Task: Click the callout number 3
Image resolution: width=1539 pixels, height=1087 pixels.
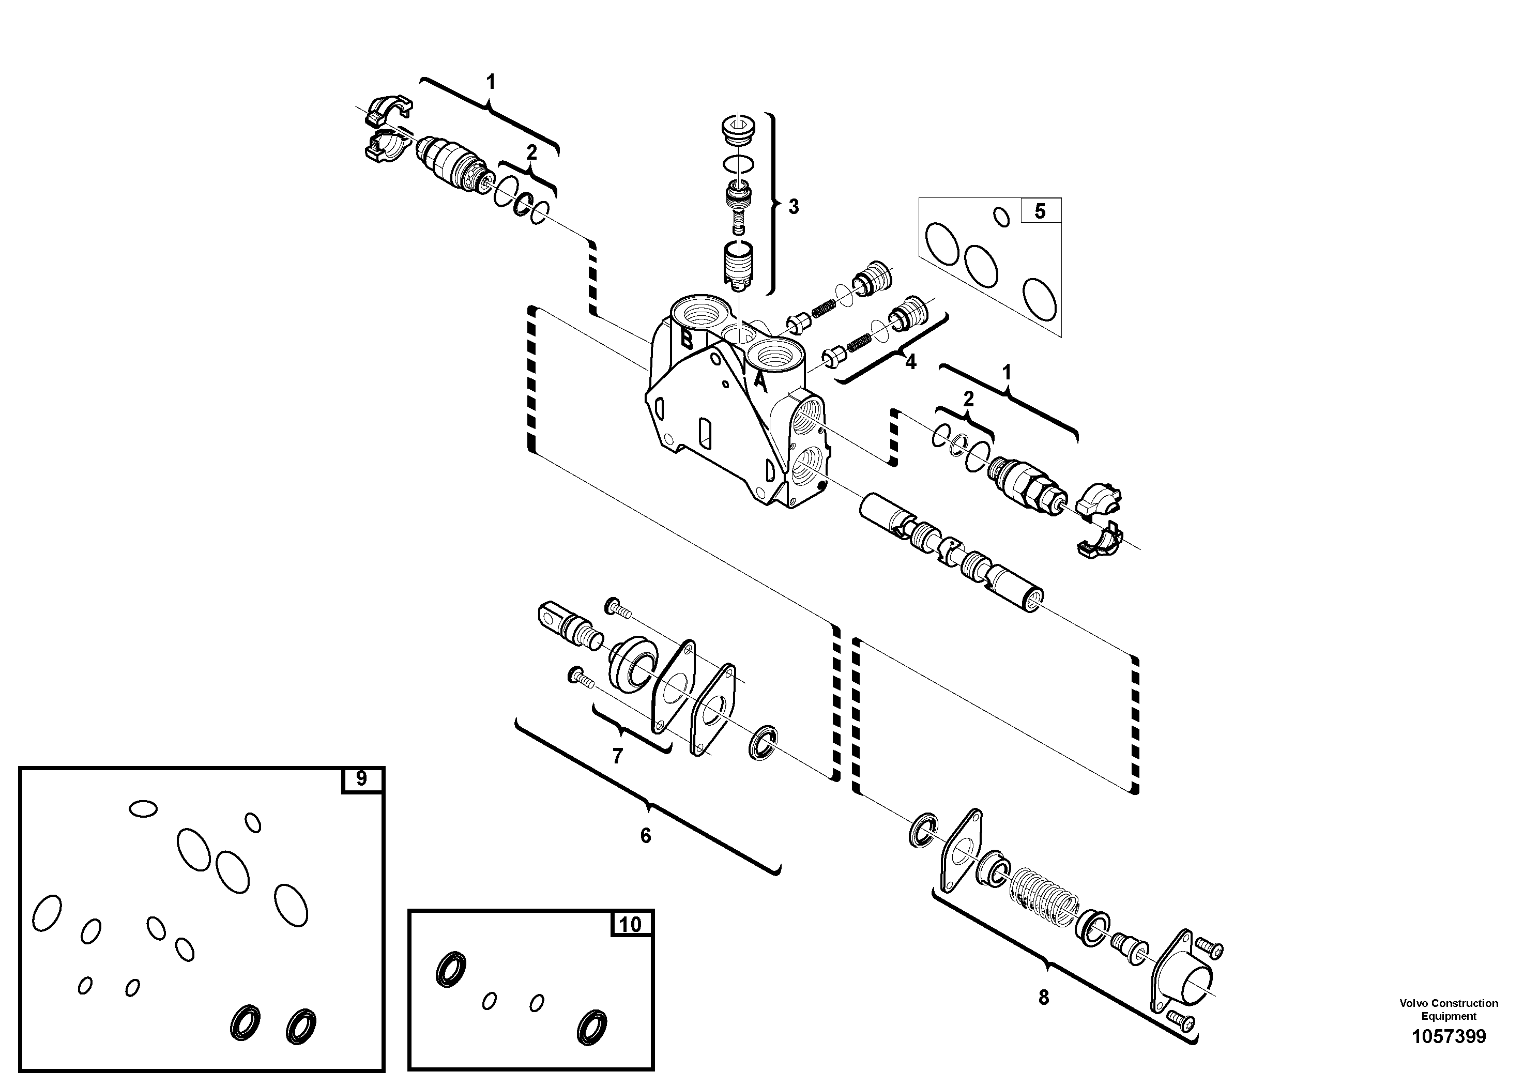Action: tap(793, 206)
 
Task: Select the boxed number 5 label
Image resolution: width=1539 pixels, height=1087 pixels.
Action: tap(1040, 211)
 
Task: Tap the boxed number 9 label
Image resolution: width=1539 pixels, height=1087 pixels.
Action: tap(361, 779)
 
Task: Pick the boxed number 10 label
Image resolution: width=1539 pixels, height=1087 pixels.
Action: tap(630, 924)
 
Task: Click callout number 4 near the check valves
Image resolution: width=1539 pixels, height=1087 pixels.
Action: tap(910, 362)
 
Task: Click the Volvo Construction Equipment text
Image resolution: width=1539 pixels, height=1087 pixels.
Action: tap(1449, 1008)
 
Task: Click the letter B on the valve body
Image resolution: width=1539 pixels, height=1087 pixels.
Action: tap(687, 339)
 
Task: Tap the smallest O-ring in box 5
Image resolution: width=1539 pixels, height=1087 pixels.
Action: tap(1001, 217)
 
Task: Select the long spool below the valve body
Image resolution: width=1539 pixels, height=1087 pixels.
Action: tap(951, 549)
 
